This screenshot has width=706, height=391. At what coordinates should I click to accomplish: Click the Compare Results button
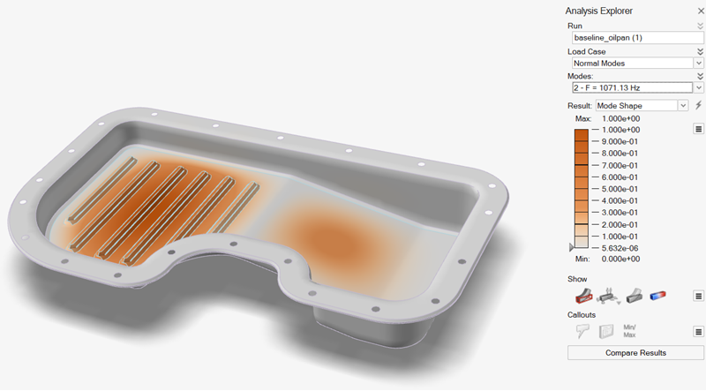coord(635,353)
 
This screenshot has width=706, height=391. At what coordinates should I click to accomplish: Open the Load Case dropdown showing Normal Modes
coord(635,64)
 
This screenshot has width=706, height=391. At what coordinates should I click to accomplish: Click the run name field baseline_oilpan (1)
coord(635,39)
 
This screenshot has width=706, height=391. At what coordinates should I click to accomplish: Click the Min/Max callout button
coord(629,330)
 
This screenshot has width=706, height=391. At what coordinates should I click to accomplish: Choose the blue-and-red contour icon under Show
coord(657,296)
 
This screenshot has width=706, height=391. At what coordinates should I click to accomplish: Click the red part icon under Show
coord(582,296)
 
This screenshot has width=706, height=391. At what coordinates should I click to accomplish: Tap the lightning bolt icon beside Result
coord(699,105)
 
